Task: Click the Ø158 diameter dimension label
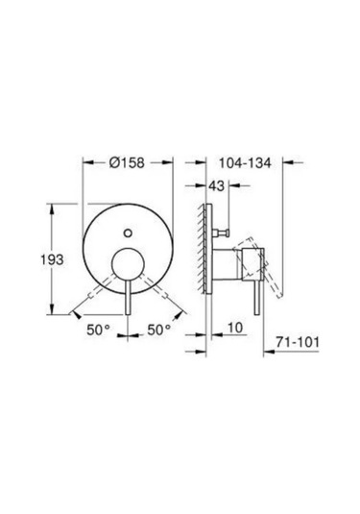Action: tap(126, 163)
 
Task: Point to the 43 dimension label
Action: tap(218, 186)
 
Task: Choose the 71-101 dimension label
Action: tap(309, 341)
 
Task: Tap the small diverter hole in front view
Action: tap(127, 231)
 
